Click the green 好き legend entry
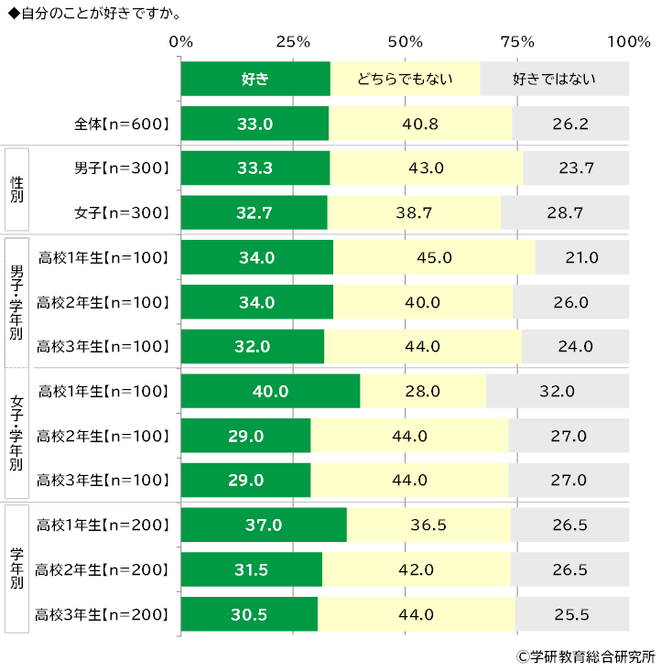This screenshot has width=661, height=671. (x=255, y=79)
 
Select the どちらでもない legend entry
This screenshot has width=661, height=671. (x=405, y=79)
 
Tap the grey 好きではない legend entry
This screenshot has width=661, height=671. (x=554, y=79)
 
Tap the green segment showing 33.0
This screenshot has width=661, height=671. (x=255, y=124)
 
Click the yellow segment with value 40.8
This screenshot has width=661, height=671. (x=420, y=124)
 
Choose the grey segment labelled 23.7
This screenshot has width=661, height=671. (x=577, y=168)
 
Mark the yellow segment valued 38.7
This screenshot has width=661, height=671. (x=415, y=212)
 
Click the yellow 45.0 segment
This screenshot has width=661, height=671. (x=434, y=257)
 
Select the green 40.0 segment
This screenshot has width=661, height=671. (x=271, y=391)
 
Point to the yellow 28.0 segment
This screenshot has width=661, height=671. (x=423, y=391)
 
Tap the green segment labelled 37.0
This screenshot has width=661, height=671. (x=264, y=525)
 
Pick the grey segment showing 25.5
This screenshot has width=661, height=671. (x=572, y=614)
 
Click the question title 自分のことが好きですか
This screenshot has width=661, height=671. (x=92, y=14)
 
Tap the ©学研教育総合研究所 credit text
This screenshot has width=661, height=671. (x=586, y=655)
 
